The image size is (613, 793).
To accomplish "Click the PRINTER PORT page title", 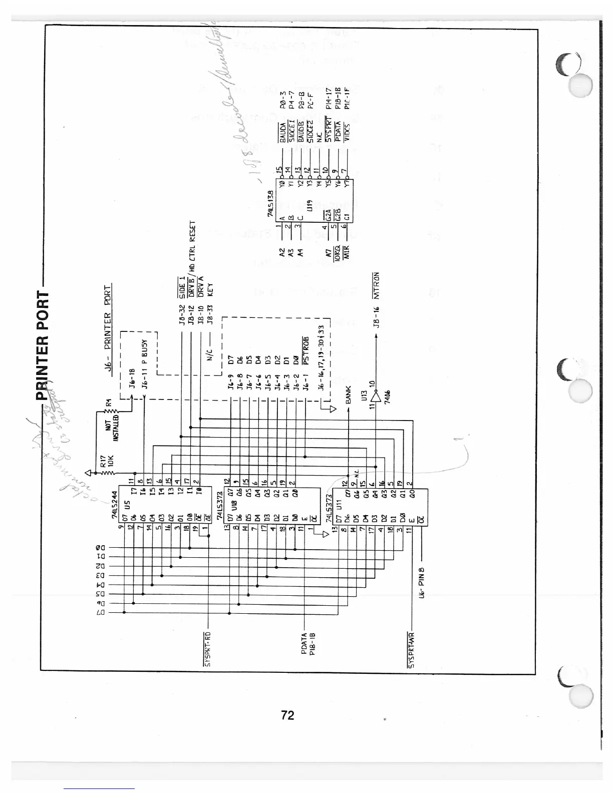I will pyautogui.click(x=44, y=345).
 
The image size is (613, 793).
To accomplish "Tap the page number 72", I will pyautogui.click(x=287, y=715).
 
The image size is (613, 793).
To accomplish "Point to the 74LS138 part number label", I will pyautogui.click(x=270, y=203).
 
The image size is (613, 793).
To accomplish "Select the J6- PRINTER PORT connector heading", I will pyautogui.click(x=108, y=330).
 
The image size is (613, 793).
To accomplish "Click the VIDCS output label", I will pyautogui.click(x=348, y=131).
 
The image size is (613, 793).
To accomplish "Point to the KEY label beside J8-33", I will pyautogui.click(x=210, y=291).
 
